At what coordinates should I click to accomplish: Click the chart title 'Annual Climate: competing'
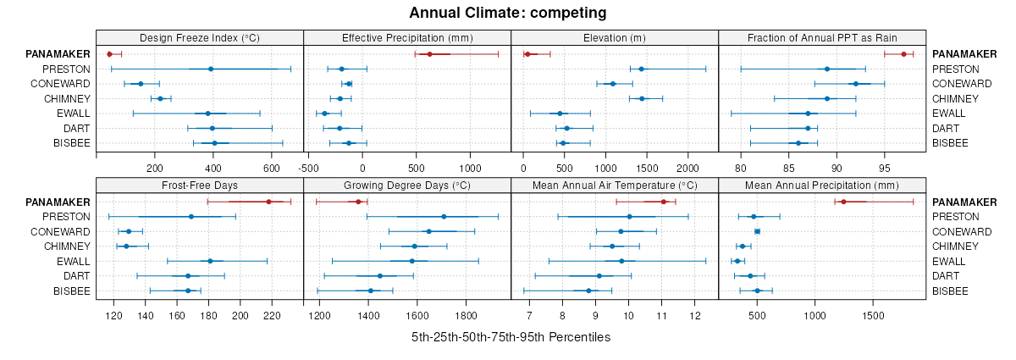(x=508, y=13)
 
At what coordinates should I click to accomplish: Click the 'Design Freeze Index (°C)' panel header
(x=199, y=38)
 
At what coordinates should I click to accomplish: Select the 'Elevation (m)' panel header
(x=614, y=38)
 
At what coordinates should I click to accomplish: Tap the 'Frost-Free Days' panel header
(x=199, y=186)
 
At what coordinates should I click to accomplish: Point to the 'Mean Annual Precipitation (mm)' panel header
(x=821, y=186)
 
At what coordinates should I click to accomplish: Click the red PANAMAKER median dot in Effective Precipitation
(x=430, y=54)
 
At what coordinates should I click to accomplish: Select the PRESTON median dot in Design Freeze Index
(x=211, y=69)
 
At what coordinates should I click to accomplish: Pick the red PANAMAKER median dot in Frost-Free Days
(x=269, y=202)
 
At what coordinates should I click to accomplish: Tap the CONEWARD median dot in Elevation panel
(x=613, y=84)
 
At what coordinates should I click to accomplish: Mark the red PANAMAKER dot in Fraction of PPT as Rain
(x=903, y=54)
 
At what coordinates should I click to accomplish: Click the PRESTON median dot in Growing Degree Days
(x=444, y=217)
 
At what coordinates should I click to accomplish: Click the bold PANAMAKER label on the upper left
(x=58, y=54)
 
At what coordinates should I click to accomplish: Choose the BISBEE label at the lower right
(x=951, y=291)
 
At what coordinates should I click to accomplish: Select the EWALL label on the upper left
(x=73, y=114)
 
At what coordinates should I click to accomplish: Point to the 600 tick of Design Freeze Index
(x=272, y=168)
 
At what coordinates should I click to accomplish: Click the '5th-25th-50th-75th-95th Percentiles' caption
(x=511, y=337)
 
